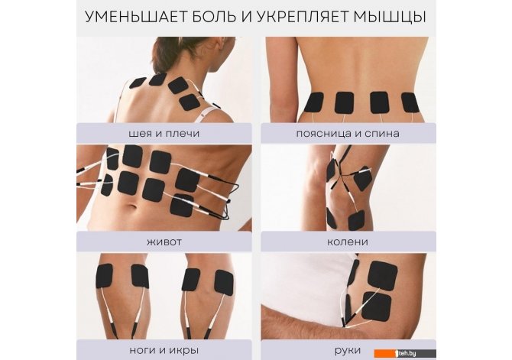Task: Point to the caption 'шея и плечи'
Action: point(164,134)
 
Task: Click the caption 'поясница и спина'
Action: point(348,134)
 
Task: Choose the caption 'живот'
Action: point(164,242)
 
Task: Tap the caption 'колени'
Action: point(348,242)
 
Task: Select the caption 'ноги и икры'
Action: point(164,351)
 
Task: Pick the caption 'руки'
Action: point(348,351)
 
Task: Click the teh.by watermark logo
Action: point(405,353)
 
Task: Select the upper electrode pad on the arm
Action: point(383,276)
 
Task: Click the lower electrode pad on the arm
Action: point(377,306)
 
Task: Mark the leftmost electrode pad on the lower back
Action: point(314,102)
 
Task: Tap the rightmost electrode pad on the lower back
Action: point(411,102)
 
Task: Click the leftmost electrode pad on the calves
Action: point(104,276)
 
